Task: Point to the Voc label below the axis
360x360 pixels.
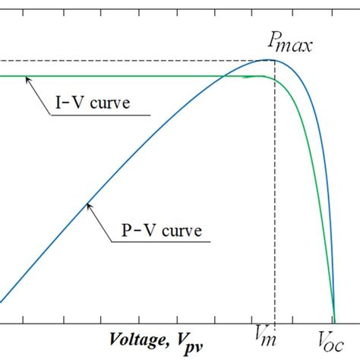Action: tap(332, 337)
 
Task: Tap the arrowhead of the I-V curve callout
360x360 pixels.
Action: tap(28, 80)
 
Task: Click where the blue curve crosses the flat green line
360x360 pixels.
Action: tap(225, 76)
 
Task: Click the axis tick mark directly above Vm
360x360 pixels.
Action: tap(274, 315)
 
